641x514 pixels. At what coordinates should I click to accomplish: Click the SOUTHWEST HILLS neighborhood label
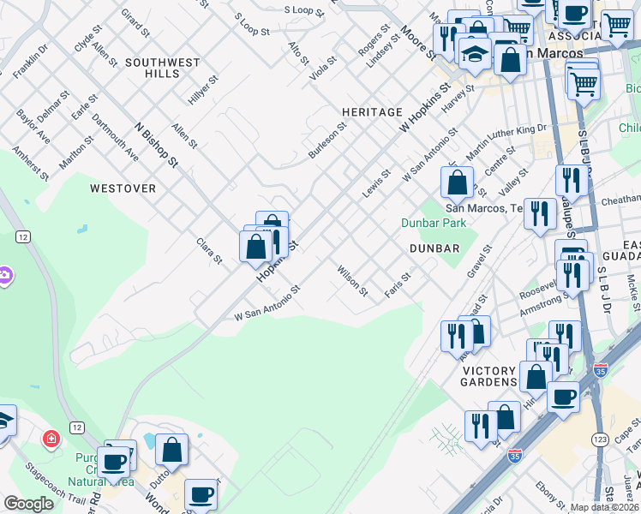pos(162,69)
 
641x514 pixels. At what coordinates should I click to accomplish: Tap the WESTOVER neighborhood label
pos(123,188)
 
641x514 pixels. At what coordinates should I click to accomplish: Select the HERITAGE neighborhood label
pos(372,112)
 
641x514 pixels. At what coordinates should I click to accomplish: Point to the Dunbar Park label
pos(434,224)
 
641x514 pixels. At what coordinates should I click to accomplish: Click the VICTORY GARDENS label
pos(489,376)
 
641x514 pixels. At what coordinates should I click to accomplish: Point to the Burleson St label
pos(327,140)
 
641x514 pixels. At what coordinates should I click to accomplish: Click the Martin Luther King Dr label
pos(506,141)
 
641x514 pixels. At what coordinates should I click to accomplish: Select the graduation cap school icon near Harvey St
pos(473,53)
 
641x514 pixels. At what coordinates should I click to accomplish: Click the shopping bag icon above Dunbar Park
pos(458,182)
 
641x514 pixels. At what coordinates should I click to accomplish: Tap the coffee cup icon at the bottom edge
pos(201,494)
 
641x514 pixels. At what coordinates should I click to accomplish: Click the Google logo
pos(28,504)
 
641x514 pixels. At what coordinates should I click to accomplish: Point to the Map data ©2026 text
pos(605,507)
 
